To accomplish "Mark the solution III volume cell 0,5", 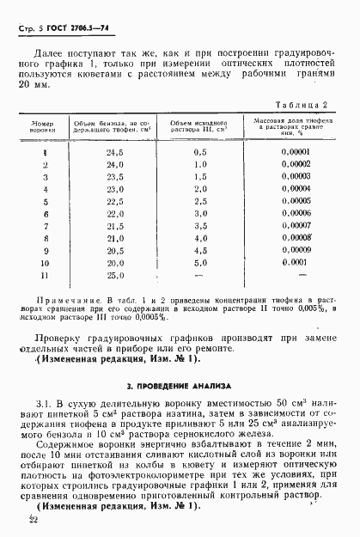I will tap(201, 151).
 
